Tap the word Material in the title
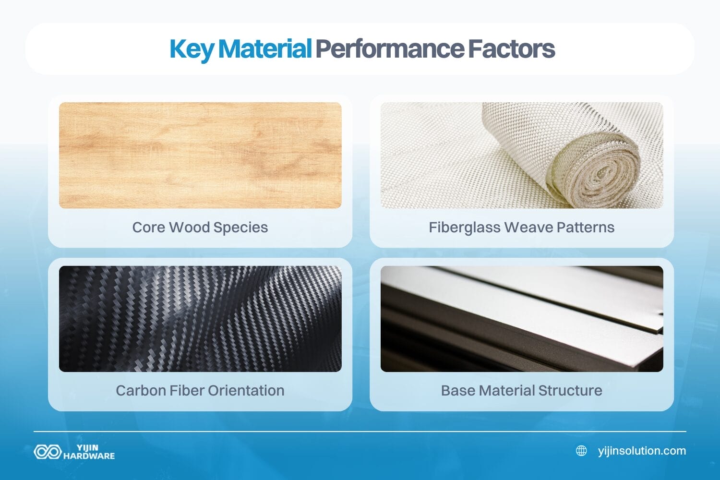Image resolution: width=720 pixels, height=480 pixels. [265, 49]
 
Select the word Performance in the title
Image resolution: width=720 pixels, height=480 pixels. [389, 49]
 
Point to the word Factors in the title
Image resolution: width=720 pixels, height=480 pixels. [511, 49]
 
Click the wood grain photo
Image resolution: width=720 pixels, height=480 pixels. [200, 155]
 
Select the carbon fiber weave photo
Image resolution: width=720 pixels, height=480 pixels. [200, 319]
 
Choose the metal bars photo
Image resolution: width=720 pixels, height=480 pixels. [522, 319]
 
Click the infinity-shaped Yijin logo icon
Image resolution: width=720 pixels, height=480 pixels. [48, 452]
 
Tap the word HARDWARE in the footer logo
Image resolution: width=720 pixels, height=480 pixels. [89, 456]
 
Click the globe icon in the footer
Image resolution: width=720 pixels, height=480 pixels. [581, 451]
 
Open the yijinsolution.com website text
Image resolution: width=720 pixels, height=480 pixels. [642, 451]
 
